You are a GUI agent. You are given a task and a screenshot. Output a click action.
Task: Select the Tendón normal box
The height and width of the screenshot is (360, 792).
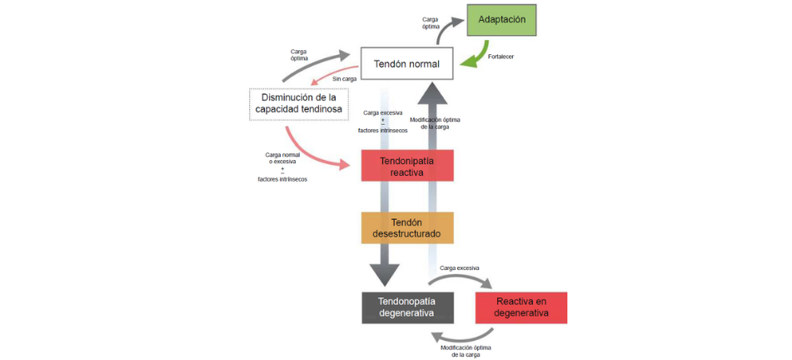click(x=406, y=63)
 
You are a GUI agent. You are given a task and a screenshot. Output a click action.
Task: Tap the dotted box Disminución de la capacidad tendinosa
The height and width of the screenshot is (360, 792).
click(x=298, y=103)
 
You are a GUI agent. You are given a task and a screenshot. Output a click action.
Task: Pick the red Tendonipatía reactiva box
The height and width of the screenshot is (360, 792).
click(x=406, y=165)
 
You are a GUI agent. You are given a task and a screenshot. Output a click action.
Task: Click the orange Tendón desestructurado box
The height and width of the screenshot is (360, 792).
click(x=406, y=227)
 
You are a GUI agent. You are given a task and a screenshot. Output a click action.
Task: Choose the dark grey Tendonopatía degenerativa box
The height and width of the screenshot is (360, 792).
click(x=406, y=307)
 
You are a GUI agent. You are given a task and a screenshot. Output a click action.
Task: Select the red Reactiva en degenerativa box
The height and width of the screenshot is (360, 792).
click(x=521, y=307)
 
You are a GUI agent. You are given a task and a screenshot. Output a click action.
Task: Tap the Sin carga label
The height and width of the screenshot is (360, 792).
click(x=345, y=78)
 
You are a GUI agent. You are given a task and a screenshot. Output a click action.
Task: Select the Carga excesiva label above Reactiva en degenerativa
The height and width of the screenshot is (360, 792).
click(x=459, y=268)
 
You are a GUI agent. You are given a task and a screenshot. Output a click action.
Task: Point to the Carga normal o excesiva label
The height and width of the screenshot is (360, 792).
click(x=282, y=159)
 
